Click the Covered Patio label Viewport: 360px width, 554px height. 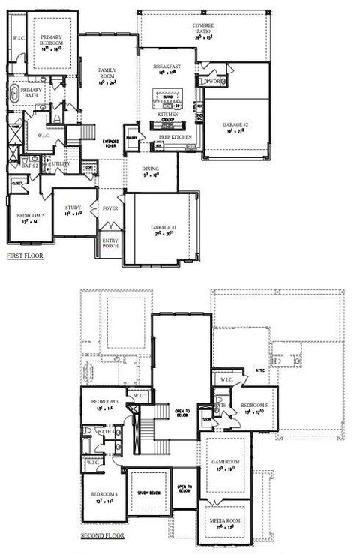203,29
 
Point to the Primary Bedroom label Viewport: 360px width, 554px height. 52,41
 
